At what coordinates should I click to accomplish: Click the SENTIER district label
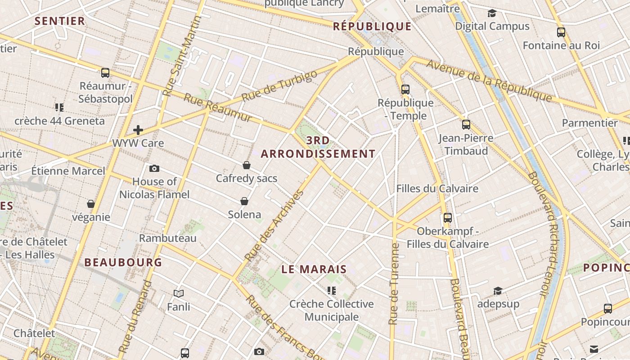click(x=60, y=21)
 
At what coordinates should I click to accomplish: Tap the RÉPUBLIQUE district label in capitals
click(x=372, y=27)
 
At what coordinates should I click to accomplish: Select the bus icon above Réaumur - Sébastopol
click(x=105, y=72)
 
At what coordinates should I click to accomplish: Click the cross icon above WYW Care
click(x=138, y=130)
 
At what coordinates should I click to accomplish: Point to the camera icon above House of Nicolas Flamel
click(x=154, y=168)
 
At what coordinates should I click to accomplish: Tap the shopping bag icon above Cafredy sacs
click(x=247, y=165)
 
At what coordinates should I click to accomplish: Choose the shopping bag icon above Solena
click(x=244, y=201)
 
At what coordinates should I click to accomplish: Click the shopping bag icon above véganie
click(x=91, y=204)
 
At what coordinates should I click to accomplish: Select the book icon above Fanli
click(x=179, y=294)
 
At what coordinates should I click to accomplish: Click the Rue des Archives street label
click(x=274, y=226)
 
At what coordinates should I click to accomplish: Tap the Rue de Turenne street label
click(x=394, y=283)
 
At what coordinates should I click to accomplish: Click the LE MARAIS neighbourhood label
click(x=314, y=270)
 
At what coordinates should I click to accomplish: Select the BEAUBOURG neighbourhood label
click(x=123, y=262)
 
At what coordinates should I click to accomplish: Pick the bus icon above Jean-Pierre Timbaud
click(x=466, y=125)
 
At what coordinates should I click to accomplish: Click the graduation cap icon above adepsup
click(x=498, y=291)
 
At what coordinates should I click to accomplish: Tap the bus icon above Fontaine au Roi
click(x=561, y=32)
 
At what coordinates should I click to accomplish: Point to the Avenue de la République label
click(x=489, y=80)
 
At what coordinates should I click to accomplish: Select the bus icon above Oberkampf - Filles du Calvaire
click(x=448, y=218)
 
